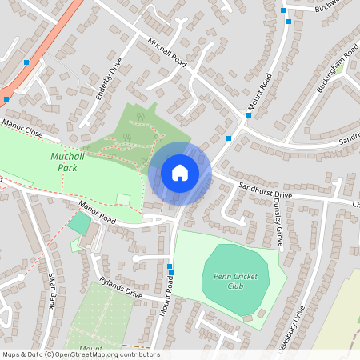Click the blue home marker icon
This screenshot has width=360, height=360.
[180, 172]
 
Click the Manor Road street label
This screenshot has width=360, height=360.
[98, 212]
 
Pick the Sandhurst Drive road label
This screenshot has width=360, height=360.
[266, 190]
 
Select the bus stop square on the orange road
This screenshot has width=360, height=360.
[26, 62]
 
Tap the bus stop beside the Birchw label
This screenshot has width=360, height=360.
[283, 10]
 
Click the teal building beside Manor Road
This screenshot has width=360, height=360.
[78, 223]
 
